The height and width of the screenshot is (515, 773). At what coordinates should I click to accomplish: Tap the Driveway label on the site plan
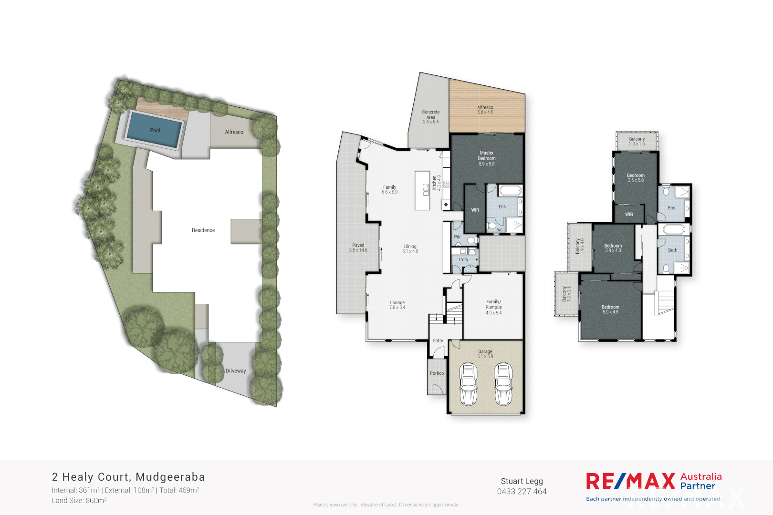coord(236,371)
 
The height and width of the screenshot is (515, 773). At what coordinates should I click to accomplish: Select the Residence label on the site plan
coord(203,230)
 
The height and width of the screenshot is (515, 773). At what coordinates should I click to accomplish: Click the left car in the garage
coord(468,384)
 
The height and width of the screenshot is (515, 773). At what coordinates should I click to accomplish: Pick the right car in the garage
coord(503,384)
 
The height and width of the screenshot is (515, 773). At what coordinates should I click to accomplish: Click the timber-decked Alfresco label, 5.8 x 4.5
coord(485,110)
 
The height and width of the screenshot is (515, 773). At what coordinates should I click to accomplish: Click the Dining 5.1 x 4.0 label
coord(410,249)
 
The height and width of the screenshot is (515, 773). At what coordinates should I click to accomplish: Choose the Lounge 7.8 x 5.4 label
coord(397,305)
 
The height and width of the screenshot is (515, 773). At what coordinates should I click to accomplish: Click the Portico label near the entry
coord(437,373)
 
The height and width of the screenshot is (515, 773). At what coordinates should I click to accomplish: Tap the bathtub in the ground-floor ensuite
coord(510,191)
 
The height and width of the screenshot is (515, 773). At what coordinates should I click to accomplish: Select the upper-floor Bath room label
coord(672,250)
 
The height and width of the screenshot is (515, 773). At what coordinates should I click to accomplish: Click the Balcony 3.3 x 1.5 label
coord(637,141)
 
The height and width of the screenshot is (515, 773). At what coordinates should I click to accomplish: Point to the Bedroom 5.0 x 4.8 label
coord(610,309)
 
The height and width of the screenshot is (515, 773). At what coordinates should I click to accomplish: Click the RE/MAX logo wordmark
coord(630,481)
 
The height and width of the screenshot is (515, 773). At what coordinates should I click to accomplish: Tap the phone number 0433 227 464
coord(522,492)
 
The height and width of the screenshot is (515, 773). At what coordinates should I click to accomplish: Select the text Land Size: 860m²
coord(79,501)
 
